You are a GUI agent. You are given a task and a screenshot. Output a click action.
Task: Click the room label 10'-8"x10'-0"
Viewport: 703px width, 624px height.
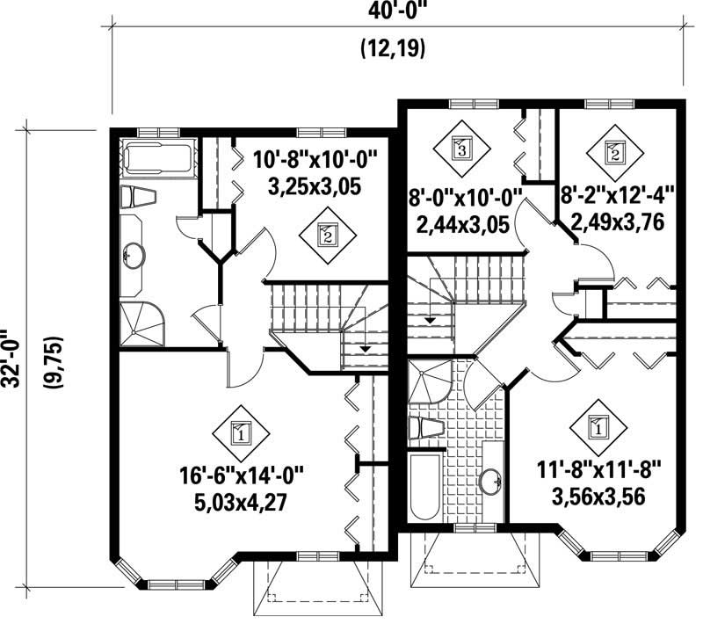point(314,162)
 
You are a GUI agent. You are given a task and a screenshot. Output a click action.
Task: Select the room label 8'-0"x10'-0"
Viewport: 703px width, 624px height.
point(467,197)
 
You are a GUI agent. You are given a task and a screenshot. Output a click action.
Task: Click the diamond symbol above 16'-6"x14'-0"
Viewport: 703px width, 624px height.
point(240,432)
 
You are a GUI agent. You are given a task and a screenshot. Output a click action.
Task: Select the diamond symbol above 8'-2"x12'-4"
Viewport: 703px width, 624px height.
point(615,151)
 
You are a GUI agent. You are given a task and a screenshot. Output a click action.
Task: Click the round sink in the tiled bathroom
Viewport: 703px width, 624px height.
point(490,480)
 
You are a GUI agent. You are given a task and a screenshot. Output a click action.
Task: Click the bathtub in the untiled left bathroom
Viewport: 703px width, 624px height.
point(156,158)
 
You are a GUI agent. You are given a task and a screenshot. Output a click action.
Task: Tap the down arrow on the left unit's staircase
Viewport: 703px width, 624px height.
point(363,349)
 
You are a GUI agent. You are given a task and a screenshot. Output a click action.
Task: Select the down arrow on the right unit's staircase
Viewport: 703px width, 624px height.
point(430,320)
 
